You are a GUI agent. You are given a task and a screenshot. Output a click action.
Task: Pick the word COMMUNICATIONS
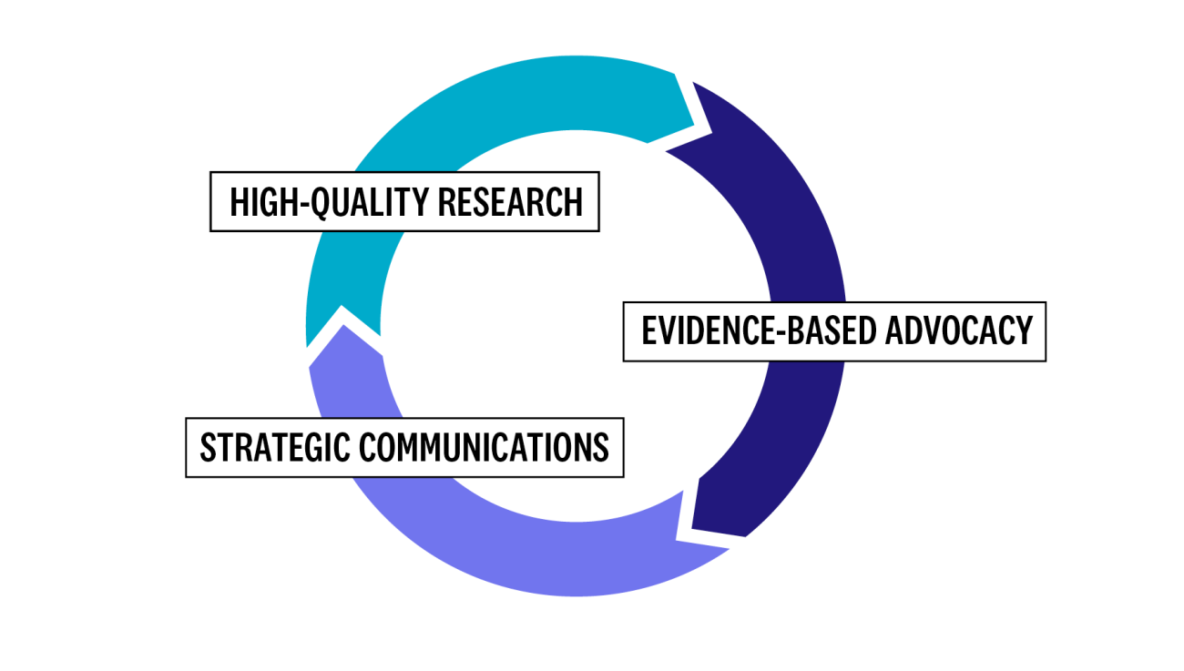click(483, 447)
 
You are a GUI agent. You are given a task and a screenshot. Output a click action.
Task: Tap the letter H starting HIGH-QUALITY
click(239, 202)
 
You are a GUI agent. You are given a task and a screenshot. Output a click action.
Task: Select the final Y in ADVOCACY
click(1024, 330)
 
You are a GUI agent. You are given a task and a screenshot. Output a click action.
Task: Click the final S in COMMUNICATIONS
click(601, 447)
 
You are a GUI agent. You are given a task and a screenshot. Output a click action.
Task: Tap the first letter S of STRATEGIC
click(208, 447)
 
